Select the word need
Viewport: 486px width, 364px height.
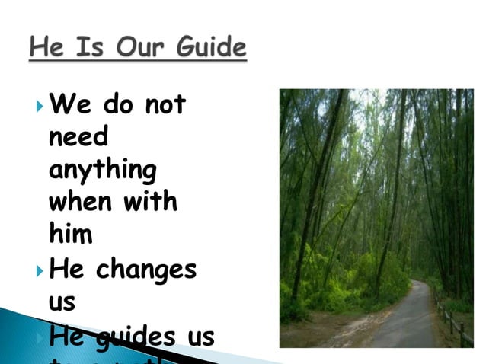(78, 138)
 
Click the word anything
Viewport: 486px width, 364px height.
(102, 171)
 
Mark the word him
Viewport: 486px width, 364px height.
(70, 235)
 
